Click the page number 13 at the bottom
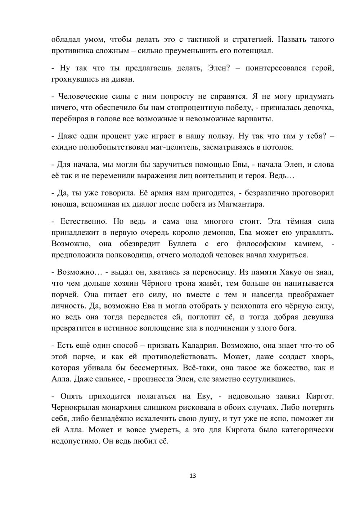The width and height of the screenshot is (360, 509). coord(193,476)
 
